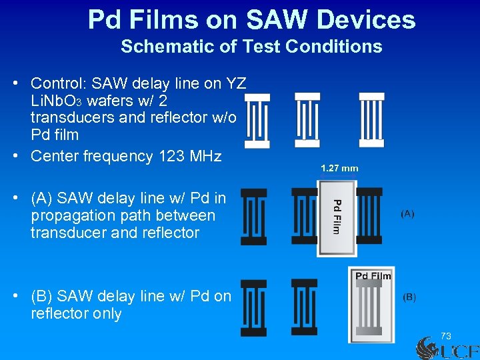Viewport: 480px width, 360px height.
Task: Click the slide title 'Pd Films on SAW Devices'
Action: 251,20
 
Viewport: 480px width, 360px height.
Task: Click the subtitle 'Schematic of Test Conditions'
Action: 251,47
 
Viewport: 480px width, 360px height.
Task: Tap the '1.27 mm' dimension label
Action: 339,168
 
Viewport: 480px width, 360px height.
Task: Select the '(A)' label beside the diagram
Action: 407,213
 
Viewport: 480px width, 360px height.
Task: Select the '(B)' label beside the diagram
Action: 409,297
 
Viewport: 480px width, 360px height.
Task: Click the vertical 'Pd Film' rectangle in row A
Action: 337,218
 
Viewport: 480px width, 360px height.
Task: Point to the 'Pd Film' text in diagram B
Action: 373,276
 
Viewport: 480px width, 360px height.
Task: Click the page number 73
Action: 445,335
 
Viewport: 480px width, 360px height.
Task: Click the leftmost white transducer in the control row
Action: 257,120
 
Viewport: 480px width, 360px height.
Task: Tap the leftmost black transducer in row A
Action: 253,217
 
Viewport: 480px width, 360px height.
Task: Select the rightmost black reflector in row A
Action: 369,217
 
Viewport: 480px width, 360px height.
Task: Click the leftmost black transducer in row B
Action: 253,307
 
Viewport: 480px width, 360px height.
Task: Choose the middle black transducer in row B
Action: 304,307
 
